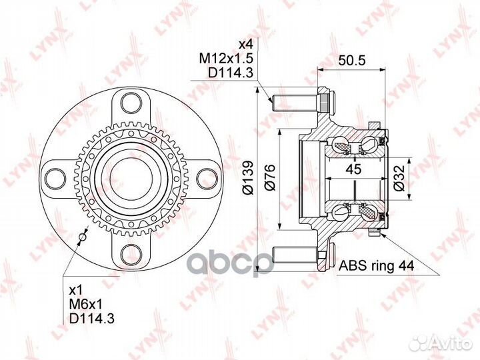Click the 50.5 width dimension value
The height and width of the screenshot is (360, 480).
(352, 61)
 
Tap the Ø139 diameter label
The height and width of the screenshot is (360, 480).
(248, 178)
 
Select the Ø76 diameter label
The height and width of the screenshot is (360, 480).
(270, 178)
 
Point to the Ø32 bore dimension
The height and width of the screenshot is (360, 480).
(399, 179)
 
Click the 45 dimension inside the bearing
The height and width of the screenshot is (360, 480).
(355, 169)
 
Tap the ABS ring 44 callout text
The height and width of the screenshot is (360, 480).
(376, 266)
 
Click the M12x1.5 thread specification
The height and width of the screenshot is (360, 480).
(227, 59)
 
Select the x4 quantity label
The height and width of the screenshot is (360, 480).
(246, 45)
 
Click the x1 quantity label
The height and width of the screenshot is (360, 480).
(76, 290)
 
